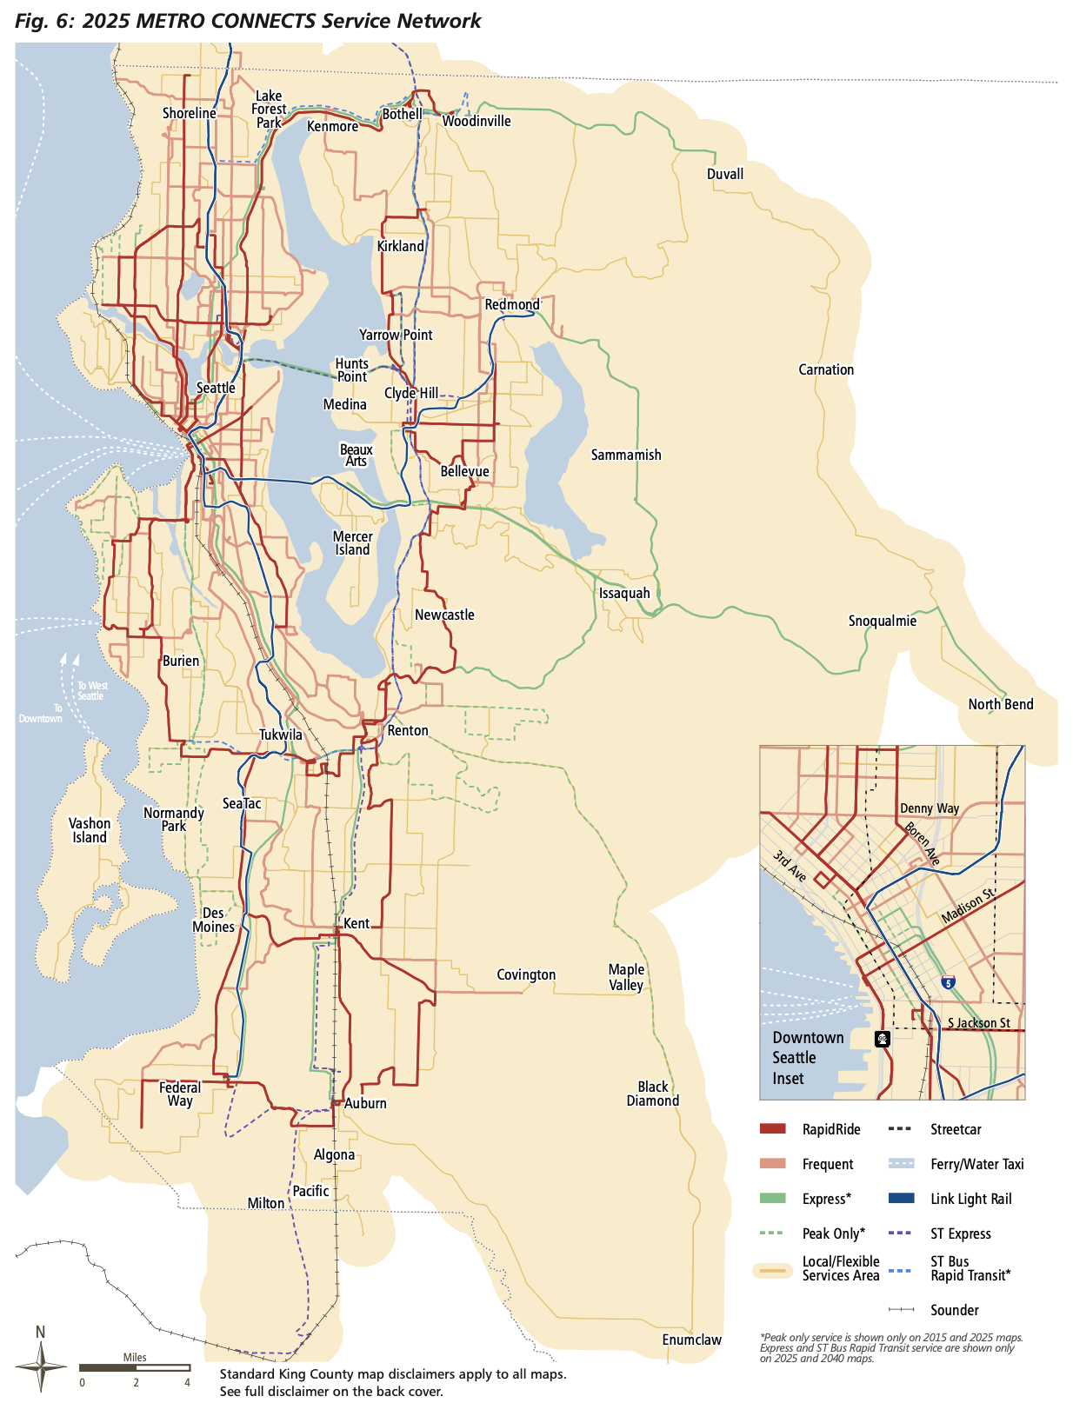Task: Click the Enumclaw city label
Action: click(691, 1340)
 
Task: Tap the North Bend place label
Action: click(1000, 704)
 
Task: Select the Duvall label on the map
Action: click(724, 174)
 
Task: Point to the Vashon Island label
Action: click(90, 830)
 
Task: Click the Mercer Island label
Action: click(352, 543)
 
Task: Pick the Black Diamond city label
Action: click(652, 1094)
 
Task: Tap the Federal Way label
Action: click(180, 1094)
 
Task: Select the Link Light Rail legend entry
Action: click(970, 1199)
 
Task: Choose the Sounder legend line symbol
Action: click(901, 1310)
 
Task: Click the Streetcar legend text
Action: click(955, 1129)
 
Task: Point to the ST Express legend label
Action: click(960, 1233)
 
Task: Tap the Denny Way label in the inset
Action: click(929, 808)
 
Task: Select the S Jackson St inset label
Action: click(978, 1023)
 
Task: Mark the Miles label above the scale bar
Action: click(135, 1357)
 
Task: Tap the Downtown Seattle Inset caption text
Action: click(807, 1058)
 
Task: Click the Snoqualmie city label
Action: click(882, 621)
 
